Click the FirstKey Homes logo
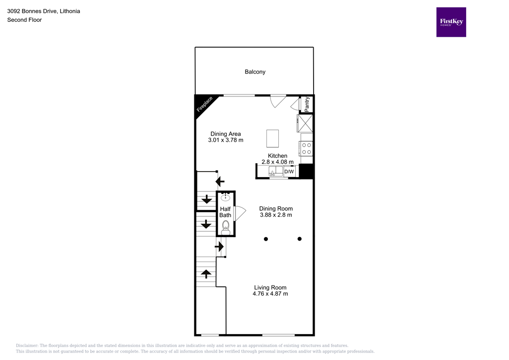(x=451, y=22)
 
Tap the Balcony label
(x=255, y=72)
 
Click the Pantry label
(x=307, y=104)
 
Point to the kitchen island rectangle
(x=272, y=138)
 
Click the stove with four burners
(x=307, y=148)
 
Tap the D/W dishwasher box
(x=289, y=172)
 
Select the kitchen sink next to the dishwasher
(x=275, y=172)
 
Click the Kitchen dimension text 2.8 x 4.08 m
(x=277, y=162)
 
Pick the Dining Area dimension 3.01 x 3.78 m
(x=226, y=140)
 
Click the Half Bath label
(x=225, y=212)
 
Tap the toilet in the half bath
(x=226, y=227)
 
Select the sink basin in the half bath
(x=225, y=197)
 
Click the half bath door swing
(x=239, y=214)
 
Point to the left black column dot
(x=266, y=239)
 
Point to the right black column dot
(x=300, y=239)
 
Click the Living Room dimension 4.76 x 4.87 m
(x=270, y=294)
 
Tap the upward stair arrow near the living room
(x=205, y=273)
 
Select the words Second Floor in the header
(x=24, y=20)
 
